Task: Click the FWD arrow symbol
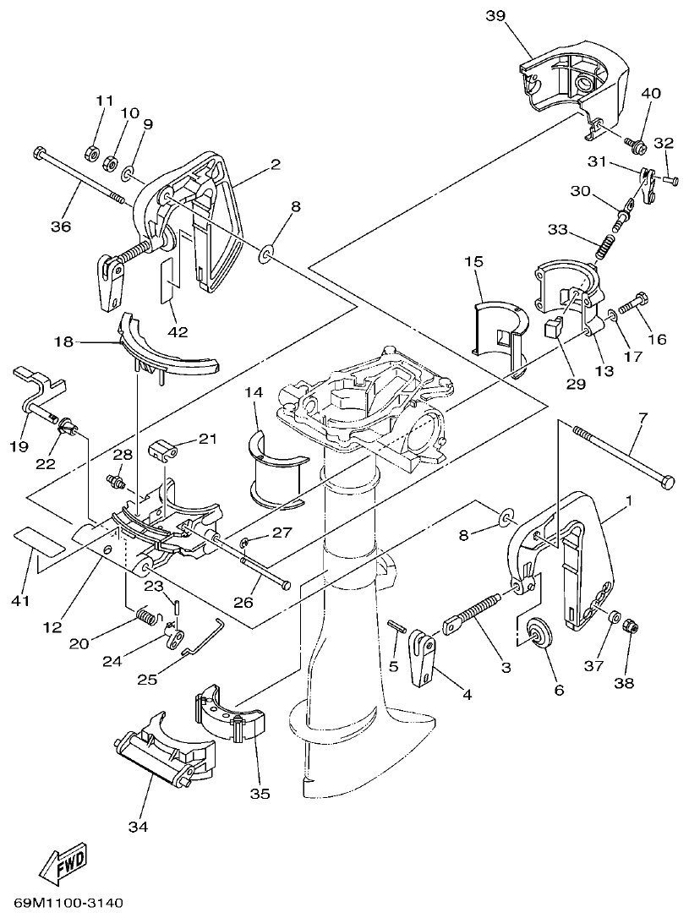pos(64,861)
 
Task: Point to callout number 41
pos(19,601)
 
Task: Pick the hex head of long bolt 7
pos(665,483)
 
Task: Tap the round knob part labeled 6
pos(536,636)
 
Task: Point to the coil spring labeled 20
pos(147,620)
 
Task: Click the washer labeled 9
pos(128,174)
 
